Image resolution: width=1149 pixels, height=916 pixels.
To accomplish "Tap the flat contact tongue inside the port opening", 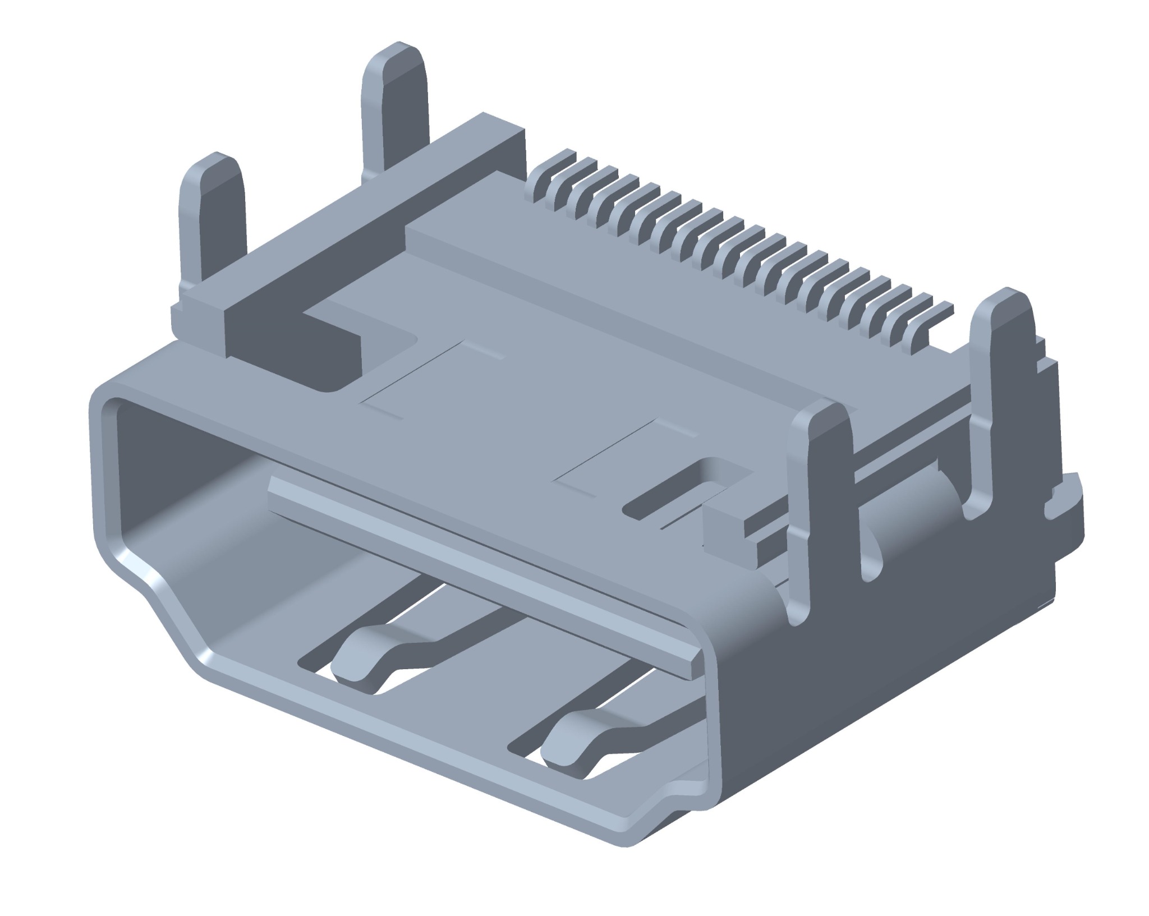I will click(477, 538).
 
